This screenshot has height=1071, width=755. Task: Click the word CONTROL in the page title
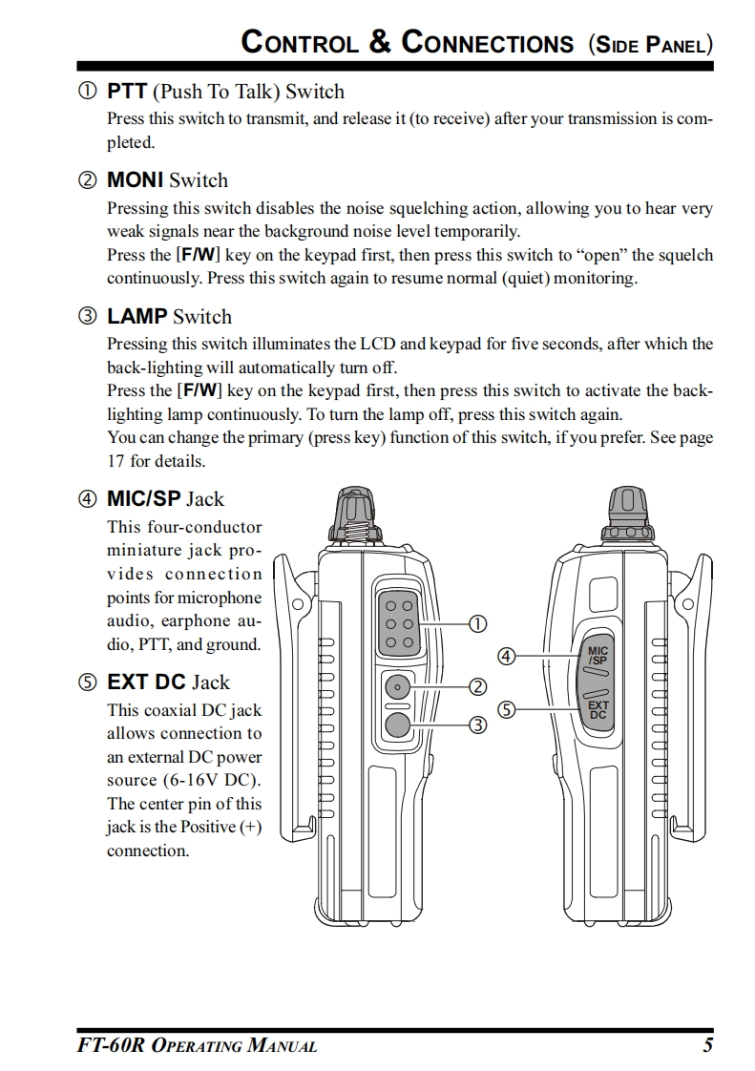299,43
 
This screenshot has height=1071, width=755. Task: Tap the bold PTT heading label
126,92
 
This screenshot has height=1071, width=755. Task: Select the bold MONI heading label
135,179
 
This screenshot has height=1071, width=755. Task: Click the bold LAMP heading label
136,316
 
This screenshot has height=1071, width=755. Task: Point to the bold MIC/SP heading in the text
143,498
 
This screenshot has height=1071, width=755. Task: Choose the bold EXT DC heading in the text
146,682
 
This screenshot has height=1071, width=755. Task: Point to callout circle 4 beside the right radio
507,657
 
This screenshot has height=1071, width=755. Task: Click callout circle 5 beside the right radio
507,709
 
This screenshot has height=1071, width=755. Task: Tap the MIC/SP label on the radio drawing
598,656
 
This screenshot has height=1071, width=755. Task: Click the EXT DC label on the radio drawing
598,710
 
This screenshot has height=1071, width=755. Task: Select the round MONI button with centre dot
398,686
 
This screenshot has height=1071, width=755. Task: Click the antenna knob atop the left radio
353,516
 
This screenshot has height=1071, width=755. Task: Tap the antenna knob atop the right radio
627,516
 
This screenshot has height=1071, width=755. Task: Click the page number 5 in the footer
707,1045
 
